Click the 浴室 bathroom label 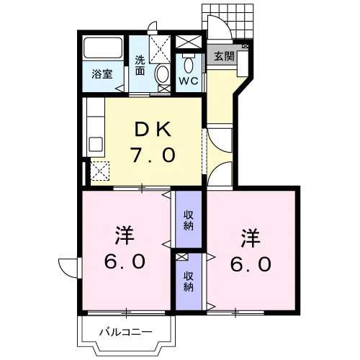(102, 74)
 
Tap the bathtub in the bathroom (103, 48)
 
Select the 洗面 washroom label (140, 65)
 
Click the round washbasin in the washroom (163, 74)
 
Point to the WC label (189, 81)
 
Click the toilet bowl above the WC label (189, 63)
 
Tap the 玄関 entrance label (224, 56)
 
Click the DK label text (153, 130)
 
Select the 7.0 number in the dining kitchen (153, 155)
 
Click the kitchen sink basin (96, 145)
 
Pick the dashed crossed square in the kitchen (100, 171)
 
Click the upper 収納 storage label (189, 220)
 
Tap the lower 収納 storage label (189, 282)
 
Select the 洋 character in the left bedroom (125, 235)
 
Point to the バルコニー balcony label (126, 332)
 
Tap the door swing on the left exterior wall (68, 268)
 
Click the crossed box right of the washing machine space (189, 42)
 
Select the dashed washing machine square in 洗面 (160, 50)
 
